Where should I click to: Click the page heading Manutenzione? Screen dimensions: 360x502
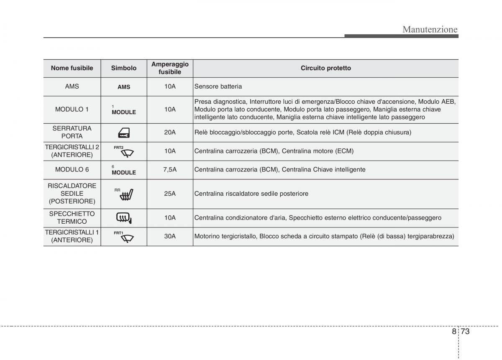430,29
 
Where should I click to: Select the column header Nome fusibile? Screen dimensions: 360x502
72,68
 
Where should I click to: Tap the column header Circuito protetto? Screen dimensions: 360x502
325,68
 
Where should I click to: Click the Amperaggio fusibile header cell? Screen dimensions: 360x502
170,68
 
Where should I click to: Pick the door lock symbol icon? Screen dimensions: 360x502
124,133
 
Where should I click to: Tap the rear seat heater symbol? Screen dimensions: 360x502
128,194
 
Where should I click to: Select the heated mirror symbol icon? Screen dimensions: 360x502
124,218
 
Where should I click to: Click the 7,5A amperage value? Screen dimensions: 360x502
170,170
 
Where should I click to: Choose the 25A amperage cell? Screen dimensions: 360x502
170,194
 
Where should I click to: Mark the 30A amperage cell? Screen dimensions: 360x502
170,236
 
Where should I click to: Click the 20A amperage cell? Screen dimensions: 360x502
170,133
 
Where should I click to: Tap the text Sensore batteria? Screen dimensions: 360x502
218,87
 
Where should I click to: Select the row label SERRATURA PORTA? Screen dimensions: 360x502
72,133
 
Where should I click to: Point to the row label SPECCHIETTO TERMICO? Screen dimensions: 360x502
72,218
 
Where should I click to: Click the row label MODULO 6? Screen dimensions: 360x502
72,170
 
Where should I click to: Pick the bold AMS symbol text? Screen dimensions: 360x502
124,87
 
